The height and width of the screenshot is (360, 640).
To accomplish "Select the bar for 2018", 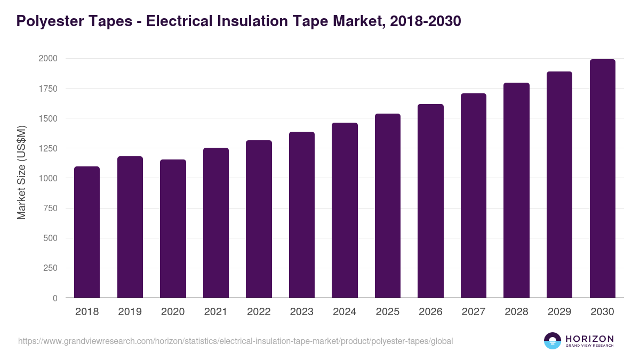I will (87, 232).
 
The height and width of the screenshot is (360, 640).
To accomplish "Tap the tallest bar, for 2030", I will (602, 179).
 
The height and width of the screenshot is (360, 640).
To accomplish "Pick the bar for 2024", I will (345, 210).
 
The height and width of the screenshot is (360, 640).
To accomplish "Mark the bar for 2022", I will (259, 219).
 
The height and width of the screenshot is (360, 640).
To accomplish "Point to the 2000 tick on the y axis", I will (47, 58).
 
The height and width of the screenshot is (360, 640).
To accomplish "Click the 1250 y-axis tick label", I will (47, 148).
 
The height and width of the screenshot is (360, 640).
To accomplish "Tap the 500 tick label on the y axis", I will (50, 238).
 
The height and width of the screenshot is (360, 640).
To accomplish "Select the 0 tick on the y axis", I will (55, 298).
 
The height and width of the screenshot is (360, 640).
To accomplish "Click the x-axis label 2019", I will (130, 312).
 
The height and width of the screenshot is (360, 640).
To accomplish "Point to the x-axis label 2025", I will (388, 312).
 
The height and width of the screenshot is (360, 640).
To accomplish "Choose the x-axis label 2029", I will (559, 312).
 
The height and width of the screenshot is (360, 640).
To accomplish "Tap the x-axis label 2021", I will (215, 312).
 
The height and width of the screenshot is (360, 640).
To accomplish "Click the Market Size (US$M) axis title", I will (21, 173).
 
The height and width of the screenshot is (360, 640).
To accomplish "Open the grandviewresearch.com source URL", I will (235, 341).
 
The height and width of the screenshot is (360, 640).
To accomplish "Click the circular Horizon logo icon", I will (553, 341).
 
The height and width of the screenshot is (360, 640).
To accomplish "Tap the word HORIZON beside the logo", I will (589, 338).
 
